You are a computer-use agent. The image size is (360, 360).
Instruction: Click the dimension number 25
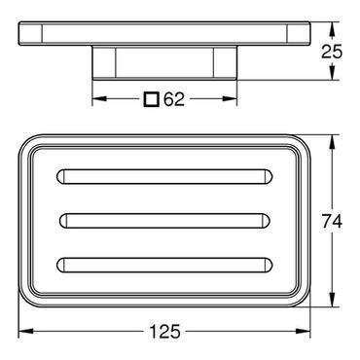click(x=332, y=52)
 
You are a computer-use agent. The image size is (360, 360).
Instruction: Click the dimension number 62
click(x=174, y=99)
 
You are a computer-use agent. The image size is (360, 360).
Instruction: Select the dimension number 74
click(x=332, y=222)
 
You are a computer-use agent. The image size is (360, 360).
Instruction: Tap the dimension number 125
click(x=164, y=332)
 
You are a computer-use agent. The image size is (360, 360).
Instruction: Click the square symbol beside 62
click(x=152, y=99)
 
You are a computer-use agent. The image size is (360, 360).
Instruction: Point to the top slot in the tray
click(x=164, y=177)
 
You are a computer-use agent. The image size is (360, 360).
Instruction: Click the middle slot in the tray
click(x=164, y=221)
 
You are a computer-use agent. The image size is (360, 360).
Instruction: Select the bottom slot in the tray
click(x=164, y=265)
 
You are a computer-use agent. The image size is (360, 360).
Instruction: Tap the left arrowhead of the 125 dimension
click(x=26, y=331)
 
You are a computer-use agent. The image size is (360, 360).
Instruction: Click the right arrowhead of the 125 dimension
click(x=303, y=331)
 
